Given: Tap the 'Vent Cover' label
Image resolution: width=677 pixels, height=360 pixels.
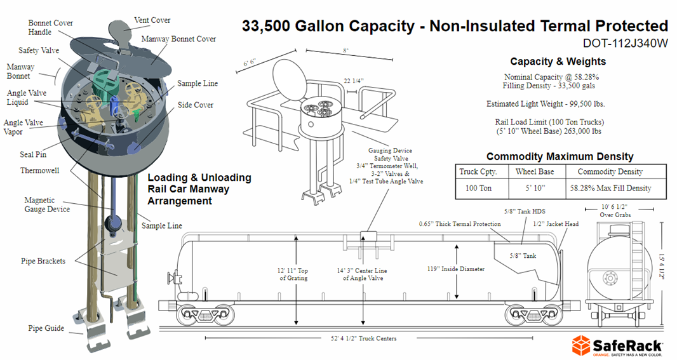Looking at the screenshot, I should coord(152,20).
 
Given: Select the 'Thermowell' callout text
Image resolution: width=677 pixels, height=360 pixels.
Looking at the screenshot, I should coord(40,171).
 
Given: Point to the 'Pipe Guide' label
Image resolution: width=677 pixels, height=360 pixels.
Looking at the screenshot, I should coord(45,328).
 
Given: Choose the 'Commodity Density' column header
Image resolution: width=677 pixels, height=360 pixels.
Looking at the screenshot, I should coord(610,171).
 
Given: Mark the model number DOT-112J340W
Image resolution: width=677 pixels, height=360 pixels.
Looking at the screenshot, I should coord(625,44).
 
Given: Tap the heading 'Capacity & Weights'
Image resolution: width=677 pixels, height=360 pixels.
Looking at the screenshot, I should coord(558,62).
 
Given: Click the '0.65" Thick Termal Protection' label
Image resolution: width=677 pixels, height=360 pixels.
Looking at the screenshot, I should coord(460,224).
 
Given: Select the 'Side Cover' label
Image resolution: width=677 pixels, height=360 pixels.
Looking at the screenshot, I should coord(195,105).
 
